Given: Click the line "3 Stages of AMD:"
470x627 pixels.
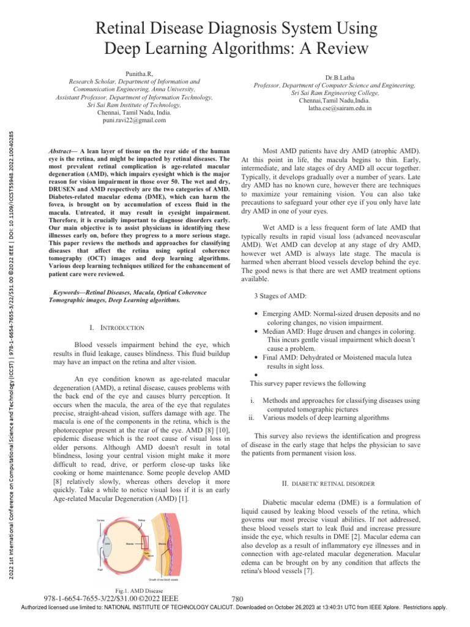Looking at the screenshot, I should click(x=280, y=297).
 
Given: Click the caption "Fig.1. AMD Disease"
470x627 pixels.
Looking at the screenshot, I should click(x=134, y=590).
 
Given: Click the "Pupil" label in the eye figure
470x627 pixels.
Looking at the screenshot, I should click(x=100, y=569).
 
